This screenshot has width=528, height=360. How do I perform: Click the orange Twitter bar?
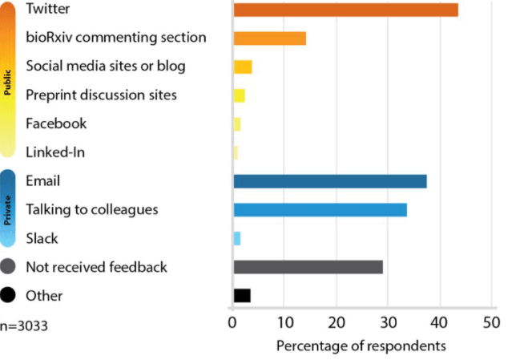coord(345,10)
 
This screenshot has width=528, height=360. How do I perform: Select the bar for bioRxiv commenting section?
coord(269,38)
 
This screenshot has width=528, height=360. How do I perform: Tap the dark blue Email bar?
coord(329,181)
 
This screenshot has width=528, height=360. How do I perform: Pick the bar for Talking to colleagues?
coord(320,210)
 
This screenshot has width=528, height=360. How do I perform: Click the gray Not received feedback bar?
coord(308,267)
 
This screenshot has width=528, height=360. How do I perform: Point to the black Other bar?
coord(241,296)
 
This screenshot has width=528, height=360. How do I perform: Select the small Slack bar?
coord(236,238)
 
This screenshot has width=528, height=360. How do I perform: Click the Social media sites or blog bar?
coord(242,67)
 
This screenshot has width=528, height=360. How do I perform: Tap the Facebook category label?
coord(56,123)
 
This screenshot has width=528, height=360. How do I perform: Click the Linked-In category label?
coord(55,152)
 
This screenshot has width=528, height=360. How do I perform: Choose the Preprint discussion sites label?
coord(101,95)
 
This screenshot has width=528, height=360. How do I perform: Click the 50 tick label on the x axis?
coord(491,322)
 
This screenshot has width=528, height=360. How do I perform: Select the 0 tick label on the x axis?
coord(232,322)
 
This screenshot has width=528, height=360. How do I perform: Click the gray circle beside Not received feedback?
coord(9,267)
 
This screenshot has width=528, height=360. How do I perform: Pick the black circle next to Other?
coord(9,296)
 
